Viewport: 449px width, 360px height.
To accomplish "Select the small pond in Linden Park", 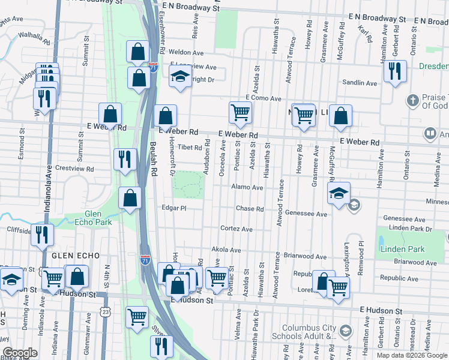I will pos(382,243).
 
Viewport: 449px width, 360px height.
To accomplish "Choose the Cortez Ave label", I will pos(236,229).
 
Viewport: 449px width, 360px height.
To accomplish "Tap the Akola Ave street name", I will pos(226,250).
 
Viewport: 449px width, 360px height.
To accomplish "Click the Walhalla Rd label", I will pos(34,35).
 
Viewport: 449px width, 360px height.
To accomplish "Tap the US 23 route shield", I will pos(106,311).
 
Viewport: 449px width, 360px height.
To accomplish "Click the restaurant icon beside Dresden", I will pos(395,71).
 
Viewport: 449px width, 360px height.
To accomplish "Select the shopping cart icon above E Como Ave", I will pos(240,112).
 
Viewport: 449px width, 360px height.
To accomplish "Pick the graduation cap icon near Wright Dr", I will pos(179,77).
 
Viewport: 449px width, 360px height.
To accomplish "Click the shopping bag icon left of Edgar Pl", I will pos(130,198).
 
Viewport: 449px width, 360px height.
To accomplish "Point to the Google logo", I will pos(19,353).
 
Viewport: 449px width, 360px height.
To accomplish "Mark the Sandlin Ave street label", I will pos(359,83).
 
